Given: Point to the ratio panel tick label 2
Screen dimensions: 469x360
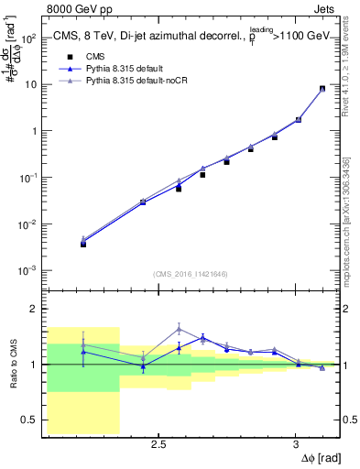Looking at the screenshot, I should pos(36,310).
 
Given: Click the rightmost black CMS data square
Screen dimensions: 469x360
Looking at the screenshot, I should pos(322,89).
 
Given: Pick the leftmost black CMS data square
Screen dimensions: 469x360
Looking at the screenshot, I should pos(83,244).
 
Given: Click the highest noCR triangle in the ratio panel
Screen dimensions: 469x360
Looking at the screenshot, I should pos(180,328).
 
